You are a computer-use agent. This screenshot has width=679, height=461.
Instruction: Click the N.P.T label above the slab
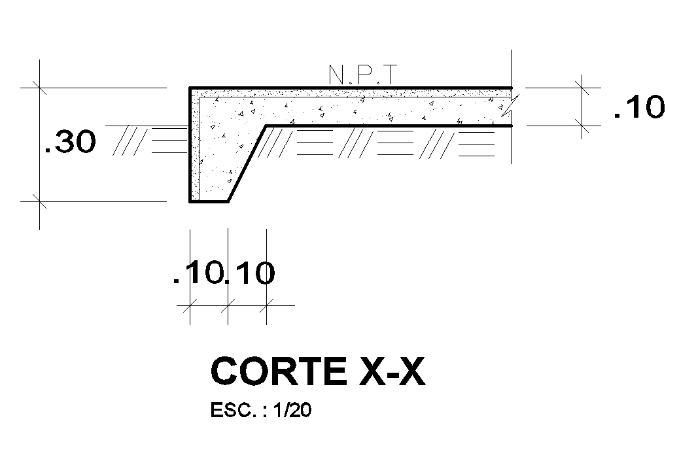(362, 75)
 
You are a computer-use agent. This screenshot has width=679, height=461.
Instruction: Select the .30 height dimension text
(70, 143)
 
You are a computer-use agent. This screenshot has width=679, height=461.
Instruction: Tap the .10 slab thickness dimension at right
(638, 107)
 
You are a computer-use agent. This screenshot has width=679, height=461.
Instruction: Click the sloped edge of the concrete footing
(247, 163)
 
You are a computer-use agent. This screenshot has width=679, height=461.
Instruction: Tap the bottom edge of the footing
(209, 202)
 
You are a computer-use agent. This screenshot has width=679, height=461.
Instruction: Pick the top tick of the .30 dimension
(40, 87)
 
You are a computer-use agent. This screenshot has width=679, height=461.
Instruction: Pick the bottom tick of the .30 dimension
(40, 202)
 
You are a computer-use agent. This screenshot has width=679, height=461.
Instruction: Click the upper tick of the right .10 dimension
(582, 86)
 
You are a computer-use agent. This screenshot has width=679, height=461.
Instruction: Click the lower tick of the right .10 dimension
(582, 125)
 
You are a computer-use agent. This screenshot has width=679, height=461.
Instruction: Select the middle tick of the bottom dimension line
(228, 305)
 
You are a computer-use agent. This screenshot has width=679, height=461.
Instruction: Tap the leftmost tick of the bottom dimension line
(190, 305)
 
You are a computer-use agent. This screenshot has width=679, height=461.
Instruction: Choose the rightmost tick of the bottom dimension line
(266, 305)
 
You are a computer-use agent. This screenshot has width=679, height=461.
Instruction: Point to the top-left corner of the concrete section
(191, 88)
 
